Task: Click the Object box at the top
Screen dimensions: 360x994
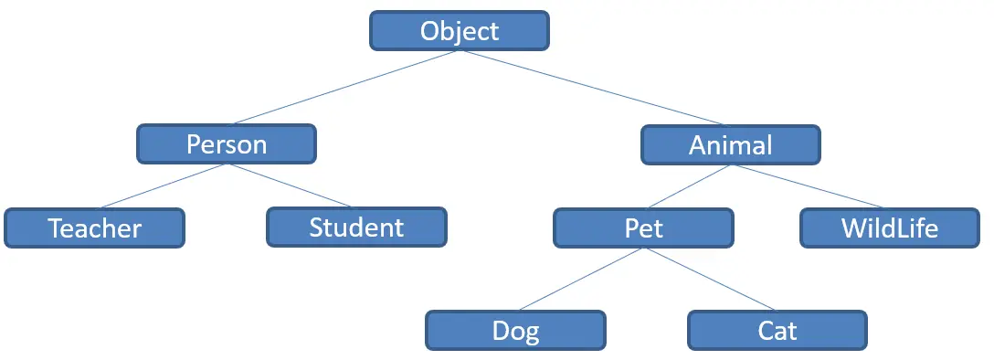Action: point(459,31)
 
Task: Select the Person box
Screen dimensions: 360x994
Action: point(226,144)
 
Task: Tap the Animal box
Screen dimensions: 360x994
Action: point(730,144)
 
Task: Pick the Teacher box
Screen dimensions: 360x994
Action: point(94,228)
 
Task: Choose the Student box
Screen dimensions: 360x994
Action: point(356,227)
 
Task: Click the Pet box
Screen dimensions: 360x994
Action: point(643,228)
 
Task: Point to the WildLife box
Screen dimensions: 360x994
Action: point(889,228)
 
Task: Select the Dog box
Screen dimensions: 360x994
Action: point(515,330)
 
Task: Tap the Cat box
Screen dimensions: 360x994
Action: point(777,330)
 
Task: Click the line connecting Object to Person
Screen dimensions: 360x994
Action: point(344,87)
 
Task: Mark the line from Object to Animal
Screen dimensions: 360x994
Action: point(594,87)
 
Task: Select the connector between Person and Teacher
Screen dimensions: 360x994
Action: point(164,186)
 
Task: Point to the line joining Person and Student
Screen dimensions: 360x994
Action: point(291,186)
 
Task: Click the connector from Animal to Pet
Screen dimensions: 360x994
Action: point(687,186)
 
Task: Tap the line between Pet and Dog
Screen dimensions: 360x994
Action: point(579,280)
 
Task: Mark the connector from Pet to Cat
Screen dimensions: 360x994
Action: point(710,280)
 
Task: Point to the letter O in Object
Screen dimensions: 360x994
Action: point(430,31)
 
